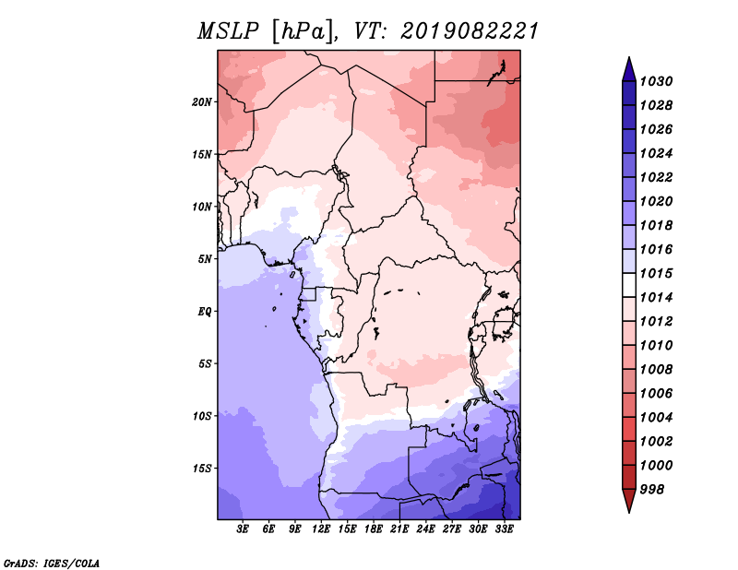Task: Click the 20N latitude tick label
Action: [x=202, y=102]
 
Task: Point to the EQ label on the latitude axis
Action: [x=205, y=312]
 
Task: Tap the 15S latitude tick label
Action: [x=202, y=469]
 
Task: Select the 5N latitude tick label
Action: [x=205, y=259]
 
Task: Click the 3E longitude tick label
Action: [x=243, y=529]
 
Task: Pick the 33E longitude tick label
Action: [x=504, y=529]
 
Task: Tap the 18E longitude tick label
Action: [x=374, y=529]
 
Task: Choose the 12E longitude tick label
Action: [x=321, y=529]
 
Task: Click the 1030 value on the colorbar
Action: [x=657, y=81]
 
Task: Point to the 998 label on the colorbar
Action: [x=652, y=490]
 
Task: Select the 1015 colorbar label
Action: [x=657, y=273]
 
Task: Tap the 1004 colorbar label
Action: [x=657, y=418]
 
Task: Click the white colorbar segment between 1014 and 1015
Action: [x=629, y=285]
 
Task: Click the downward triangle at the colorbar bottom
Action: [x=629, y=500]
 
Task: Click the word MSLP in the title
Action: [x=228, y=31]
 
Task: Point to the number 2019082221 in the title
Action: [x=470, y=31]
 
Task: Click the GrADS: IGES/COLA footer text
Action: [x=52, y=563]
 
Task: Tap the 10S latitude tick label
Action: [x=202, y=416]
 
